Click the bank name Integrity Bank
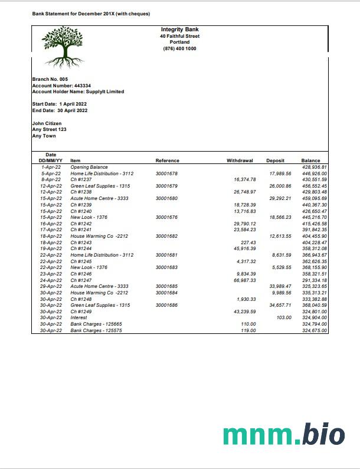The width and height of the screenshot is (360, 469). tap(179, 29)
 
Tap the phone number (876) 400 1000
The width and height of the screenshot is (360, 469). tap(179, 48)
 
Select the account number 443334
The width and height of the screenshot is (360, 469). tap(78, 86)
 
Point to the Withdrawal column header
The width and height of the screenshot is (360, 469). tap(240, 160)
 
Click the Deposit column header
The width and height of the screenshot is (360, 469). tap(275, 160)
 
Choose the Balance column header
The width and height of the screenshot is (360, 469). tap(310, 160)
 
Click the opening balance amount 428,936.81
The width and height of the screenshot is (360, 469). tap(314, 168)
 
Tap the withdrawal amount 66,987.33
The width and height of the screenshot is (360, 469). tap(245, 280)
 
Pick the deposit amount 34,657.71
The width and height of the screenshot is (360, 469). tap(280, 305)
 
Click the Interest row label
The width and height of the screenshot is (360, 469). tap(78, 317)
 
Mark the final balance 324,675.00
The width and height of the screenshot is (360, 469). tap(314, 330)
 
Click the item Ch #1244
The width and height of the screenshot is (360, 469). tap(81, 249)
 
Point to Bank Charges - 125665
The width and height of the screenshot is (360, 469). tap(93, 324)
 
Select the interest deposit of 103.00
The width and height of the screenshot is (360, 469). tap(284, 317)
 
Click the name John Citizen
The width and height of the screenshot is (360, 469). tap(47, 123)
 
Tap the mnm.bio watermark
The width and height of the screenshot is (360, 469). tap(284, 434)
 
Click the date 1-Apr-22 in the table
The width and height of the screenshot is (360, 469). tap(51, 168)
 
